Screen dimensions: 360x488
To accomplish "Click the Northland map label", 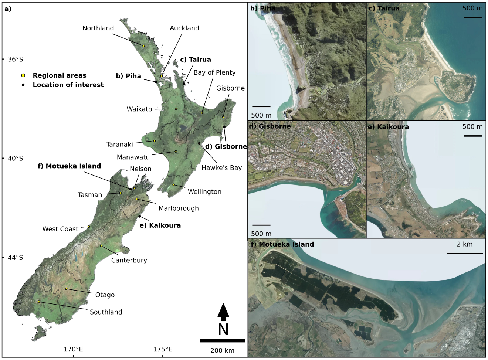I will [98, 28].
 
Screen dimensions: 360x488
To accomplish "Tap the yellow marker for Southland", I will [39, 302].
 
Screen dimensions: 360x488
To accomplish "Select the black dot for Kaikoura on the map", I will [140, 217].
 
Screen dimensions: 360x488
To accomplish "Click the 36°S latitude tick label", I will [15, 59].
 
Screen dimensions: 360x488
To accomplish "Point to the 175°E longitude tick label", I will [163, 349].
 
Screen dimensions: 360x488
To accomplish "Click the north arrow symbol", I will [223, 312].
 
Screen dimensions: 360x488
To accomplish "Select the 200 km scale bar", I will [222, 340].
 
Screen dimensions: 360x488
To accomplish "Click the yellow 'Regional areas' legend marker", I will [23, 75].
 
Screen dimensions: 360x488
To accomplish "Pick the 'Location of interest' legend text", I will [68, 85].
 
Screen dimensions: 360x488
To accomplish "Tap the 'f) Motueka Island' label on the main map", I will [69, 166].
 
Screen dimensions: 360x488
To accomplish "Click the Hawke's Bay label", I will [221, 168].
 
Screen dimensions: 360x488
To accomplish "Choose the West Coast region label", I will [60, 229].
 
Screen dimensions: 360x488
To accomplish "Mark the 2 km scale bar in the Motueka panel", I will [465, 253].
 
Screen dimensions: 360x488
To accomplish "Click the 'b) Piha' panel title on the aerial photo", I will [263, 8].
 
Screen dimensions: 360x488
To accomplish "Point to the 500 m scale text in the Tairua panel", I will [472, 8].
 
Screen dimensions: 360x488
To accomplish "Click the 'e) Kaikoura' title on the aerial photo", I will [389, 127].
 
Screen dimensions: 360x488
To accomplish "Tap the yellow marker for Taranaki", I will [155, 141].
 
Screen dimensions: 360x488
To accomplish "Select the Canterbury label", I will [129, 261].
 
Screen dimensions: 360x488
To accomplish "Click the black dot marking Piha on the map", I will [156, 82].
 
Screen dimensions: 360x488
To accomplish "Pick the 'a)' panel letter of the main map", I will [8, 9].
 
